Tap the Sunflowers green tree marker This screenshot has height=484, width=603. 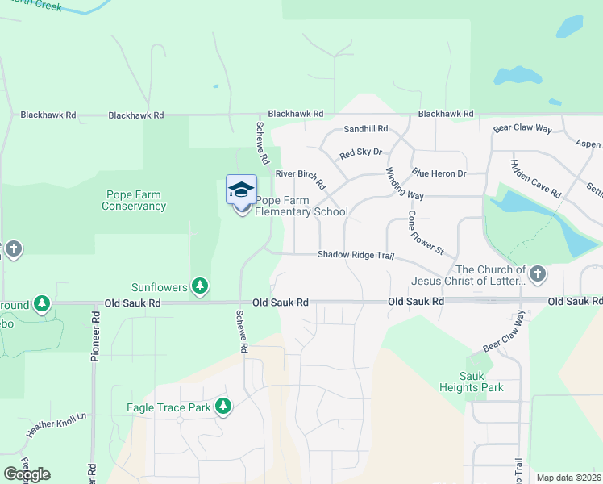(200, 286)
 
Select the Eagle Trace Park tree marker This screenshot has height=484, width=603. (224, 407)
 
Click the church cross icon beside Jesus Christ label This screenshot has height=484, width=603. (538, 274)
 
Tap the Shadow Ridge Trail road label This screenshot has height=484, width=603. (355, 255)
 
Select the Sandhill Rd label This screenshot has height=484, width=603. (365, 129)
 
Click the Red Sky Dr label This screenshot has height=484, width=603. (360, 153)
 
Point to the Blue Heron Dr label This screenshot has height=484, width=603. (439, 173)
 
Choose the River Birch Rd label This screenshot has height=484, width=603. (301, 178)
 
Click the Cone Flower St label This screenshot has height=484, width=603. (425, 232)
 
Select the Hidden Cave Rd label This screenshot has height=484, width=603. (535, 178)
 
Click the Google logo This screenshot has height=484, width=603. (27, 474)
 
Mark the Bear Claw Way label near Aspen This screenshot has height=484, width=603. (522, 128)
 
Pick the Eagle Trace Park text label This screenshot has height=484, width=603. (168, 407)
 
